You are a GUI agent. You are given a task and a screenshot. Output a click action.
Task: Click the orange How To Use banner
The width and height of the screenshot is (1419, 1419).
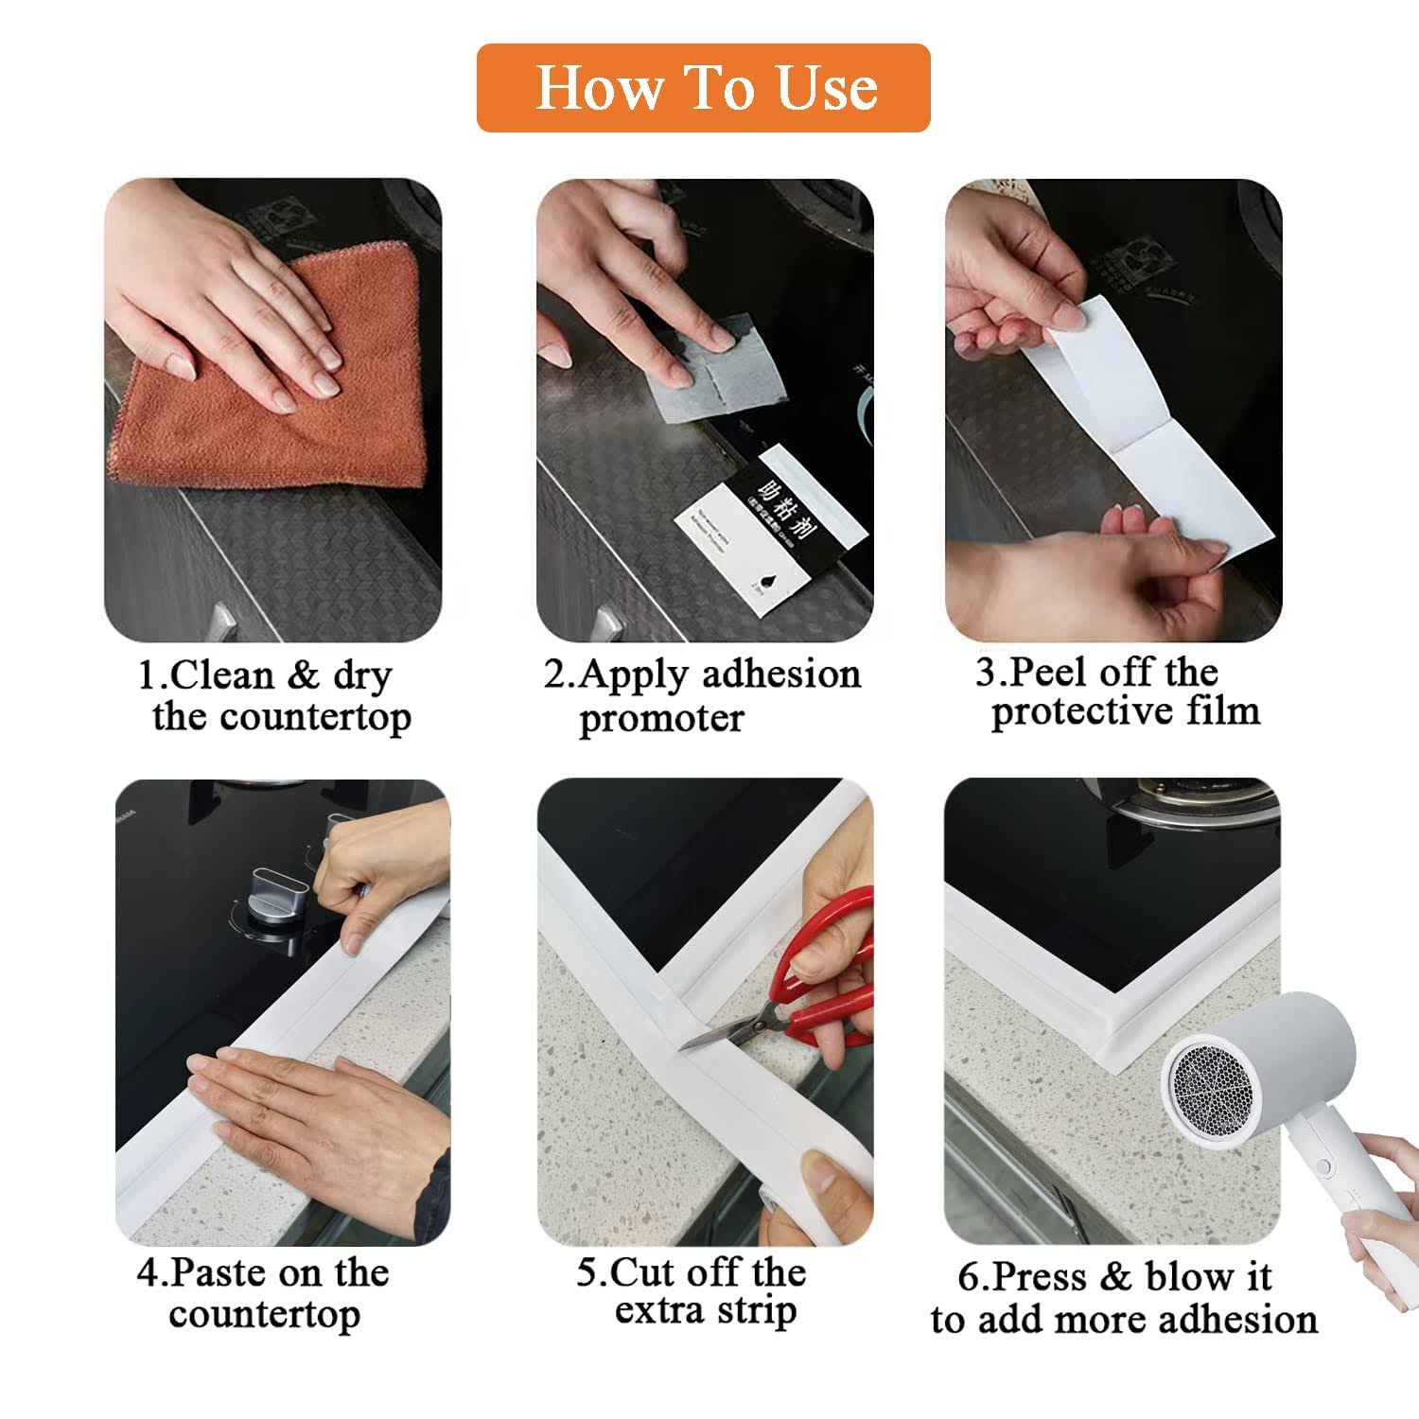703,88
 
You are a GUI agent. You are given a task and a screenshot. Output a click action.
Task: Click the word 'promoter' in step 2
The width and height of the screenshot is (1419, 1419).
661,719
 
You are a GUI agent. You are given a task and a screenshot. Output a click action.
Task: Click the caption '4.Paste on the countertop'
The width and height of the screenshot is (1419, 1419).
263,1293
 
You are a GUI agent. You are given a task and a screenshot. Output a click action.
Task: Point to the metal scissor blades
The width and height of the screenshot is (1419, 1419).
728,1031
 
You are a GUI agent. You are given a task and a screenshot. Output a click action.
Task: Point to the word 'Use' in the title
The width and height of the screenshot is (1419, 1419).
827,88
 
